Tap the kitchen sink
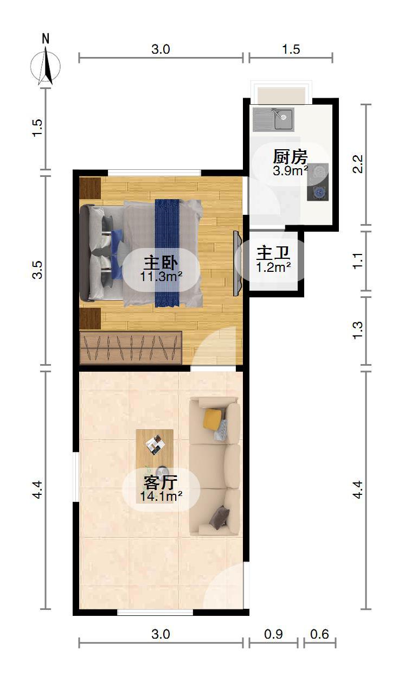[273, 119]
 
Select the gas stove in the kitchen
[318, 182]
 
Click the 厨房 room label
[290, 157]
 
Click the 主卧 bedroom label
[160, 263]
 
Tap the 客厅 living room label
[160, 482]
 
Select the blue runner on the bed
[167, 253]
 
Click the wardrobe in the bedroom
[131, 348]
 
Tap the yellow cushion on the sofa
[213, 419]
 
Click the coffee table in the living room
[155, 466]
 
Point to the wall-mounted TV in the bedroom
[237, 263]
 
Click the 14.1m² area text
[161, 496]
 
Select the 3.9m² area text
[291, 171]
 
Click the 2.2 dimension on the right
[358, 164]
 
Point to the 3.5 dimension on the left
[37, 270]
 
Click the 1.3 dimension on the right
[358, 330]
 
